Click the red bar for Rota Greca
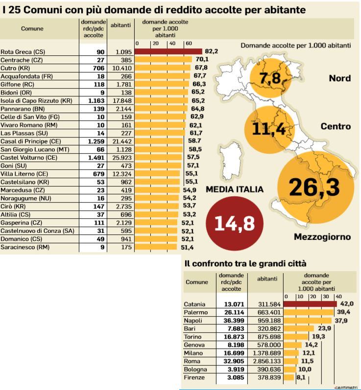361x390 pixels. point(168,51)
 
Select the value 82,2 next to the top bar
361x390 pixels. point(211,51)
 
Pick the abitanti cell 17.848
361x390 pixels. point(120,100)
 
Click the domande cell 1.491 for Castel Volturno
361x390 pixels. point(96,158)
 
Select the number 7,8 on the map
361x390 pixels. point(270,77)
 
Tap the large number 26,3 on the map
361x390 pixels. point(314,187)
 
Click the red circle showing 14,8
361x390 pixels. point(235,223)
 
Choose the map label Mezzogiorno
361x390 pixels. point(322,237)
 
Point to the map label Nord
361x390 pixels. point(339,78)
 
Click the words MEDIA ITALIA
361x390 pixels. point(235,189)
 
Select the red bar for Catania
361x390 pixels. point(310,304)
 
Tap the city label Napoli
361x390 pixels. point(193,320)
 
